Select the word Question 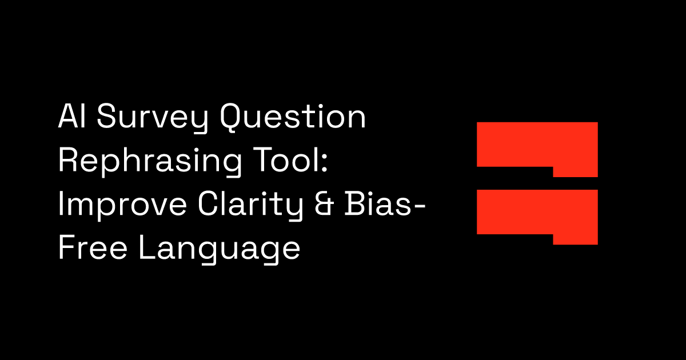294,118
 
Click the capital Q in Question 234,119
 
